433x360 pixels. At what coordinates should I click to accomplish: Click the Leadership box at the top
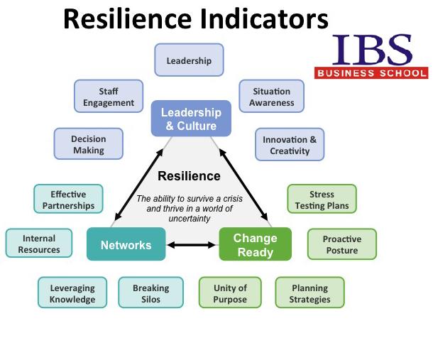(x=189, y=60)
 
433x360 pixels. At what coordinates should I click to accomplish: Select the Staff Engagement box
(x=109, y=96)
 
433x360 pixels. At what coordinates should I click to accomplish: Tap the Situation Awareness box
(x=271, y=96)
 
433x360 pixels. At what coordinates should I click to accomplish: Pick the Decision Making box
(x=88, y=143)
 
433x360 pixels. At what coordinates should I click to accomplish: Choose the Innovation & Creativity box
(x=290, y=144)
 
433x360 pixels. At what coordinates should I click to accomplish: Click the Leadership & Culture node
(x=191, y=119)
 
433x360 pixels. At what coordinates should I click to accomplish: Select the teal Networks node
(x=126, y=244)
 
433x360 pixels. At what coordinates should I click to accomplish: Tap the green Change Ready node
(x=255, y=244)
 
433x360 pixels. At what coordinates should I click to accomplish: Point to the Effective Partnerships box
(x=68, y=199)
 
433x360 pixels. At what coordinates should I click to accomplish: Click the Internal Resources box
(x=39, y=243)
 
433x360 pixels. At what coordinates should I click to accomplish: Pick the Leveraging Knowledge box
(x=72, y=293)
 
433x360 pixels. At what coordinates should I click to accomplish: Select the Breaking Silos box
(x=150, y=293)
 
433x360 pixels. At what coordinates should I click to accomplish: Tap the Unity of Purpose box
(x=230, y=293)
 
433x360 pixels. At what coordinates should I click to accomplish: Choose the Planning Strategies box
(x=309, y=293)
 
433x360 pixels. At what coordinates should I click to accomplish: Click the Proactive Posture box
(x=342, y=244)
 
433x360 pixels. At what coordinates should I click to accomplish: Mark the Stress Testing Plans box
(x=322, y=199)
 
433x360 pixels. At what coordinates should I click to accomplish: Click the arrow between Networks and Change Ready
(x=192, y=245)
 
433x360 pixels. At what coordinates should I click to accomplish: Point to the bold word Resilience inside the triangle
(x=189, y=176)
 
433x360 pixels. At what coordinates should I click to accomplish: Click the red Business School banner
(x=371, y=73)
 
